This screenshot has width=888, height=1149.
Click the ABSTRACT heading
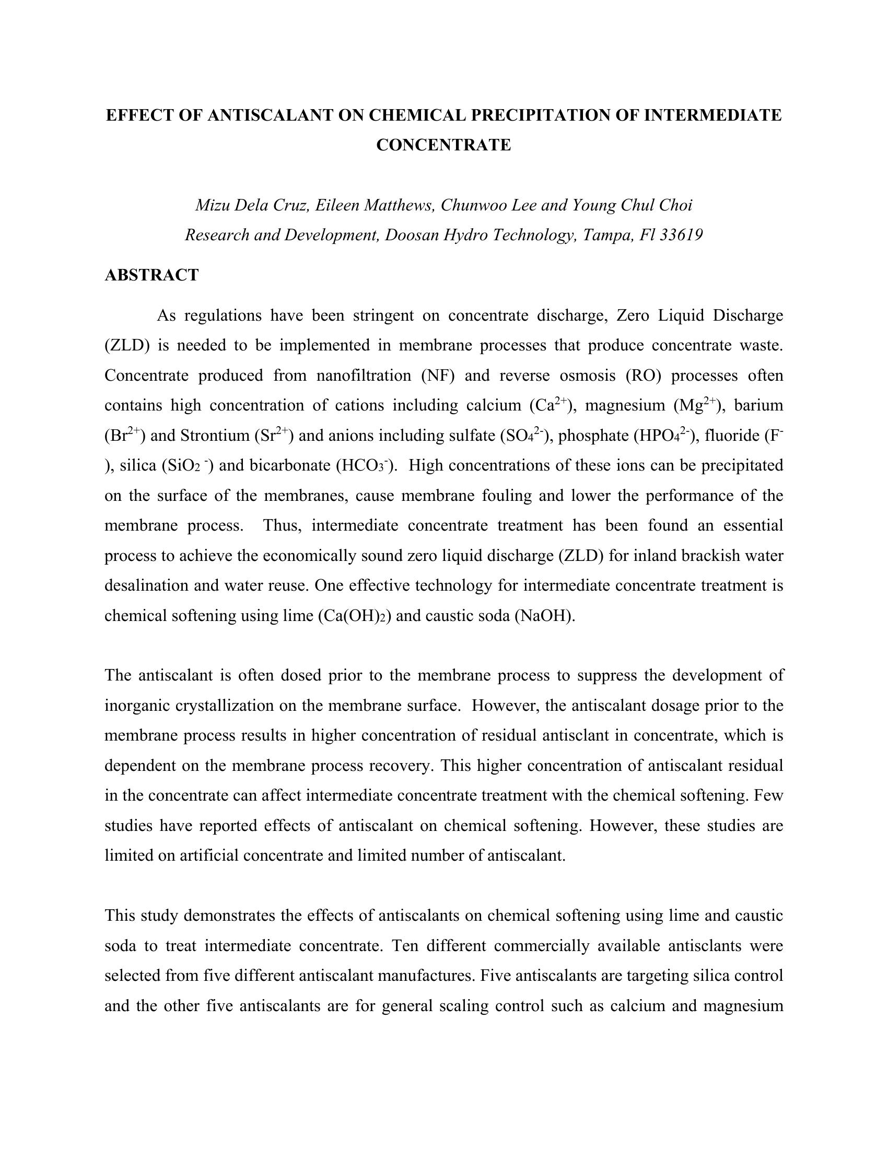click(151, 275)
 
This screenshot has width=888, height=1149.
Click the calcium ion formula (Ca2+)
click(550, 405)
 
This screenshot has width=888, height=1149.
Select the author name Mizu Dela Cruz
click(251, 205)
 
